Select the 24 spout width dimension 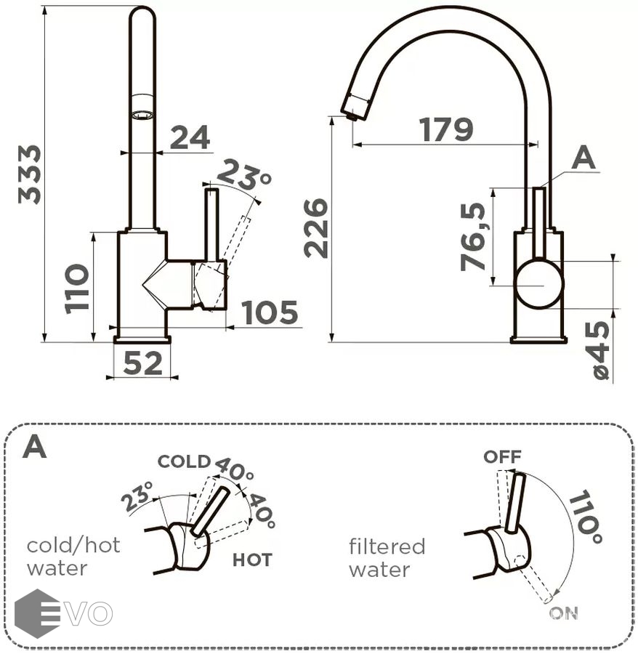pyautogui.click(x=190, y=137)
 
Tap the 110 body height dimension pyautogui.click(x=78, y=288)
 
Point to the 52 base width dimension pyautogui.click(x=142, y=363)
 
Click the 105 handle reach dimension pyautogui.click(x=270, y=313)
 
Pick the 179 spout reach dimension pyautogui.click(x=446, y=130)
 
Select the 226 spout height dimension pyautogui.click(x=317, y=227)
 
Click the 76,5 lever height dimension pyautogui.click(x=474, y=237)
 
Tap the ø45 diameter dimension pyautogui.click(x=600, y=351)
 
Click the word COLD pyautogui.click(x=184, y=461)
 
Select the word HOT pyautogui.click(x=252, y=560)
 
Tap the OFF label pyautogui.click(x=502, y=456)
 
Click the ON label pyautogui.click(x=563, y=613)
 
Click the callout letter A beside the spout pyautogui.click(x=583, y=158)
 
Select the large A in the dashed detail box pyautogui.click(x=34, y=447)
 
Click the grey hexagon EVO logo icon pyautogui.click(x=37, y=613)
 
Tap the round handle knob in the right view pyautogui.click(x=538, y=285)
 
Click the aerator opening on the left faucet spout pyautogui.click(x=142, y=115)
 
